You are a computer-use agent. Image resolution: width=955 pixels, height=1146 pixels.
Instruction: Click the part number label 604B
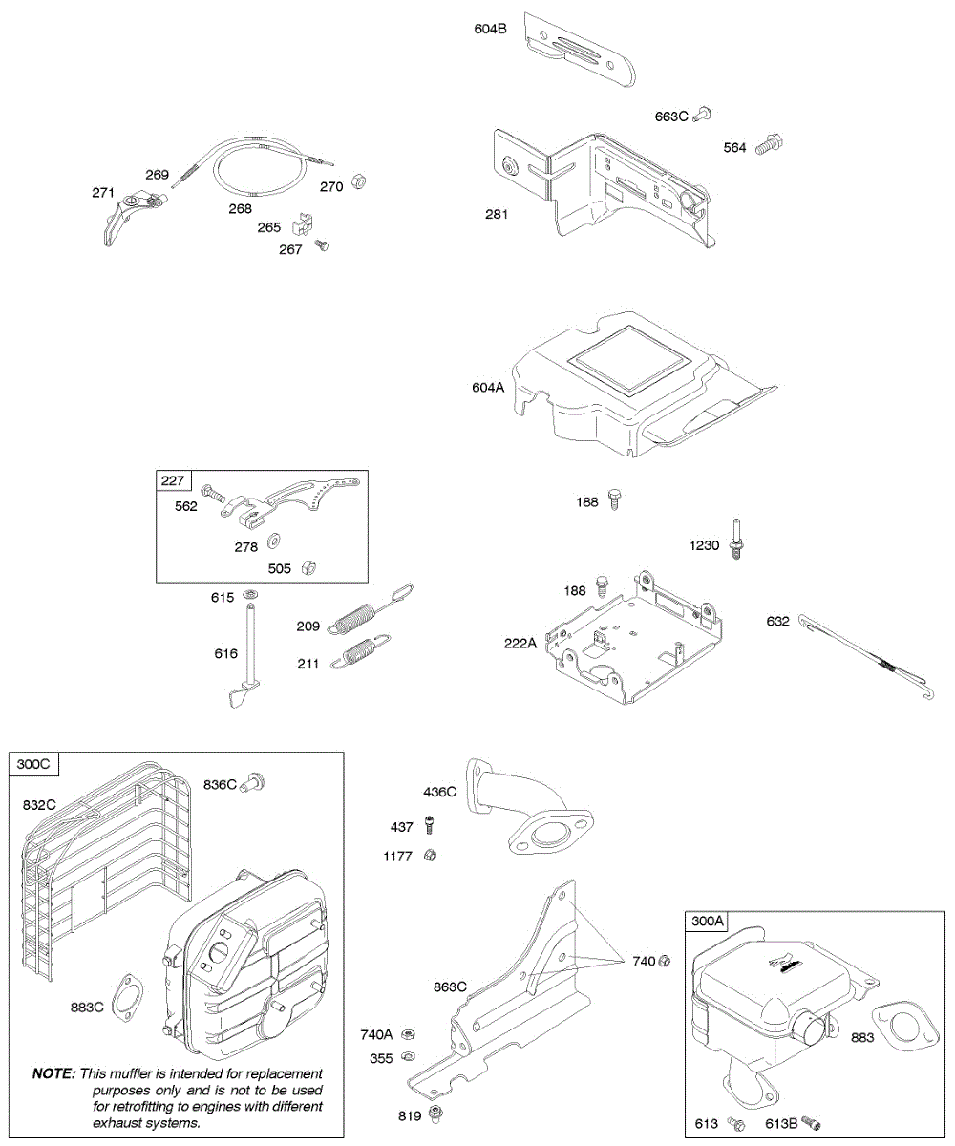(490, 29)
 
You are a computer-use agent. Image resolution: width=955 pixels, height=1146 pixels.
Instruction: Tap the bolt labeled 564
(769, 146)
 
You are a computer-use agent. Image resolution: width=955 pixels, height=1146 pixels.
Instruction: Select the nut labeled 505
(308, 567)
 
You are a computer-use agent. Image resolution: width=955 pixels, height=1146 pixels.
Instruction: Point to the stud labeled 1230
(738, 540)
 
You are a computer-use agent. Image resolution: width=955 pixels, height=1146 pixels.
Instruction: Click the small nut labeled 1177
(431, 855)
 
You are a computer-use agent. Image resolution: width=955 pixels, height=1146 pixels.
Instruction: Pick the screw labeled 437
(431, 824)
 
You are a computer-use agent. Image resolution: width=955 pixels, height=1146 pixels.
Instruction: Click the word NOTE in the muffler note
(54, 1073)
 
